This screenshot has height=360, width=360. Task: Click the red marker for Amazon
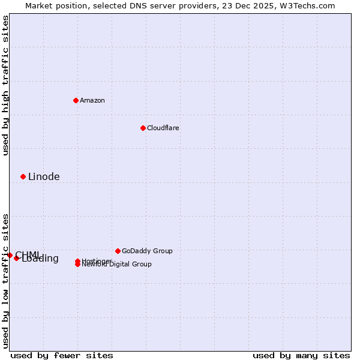(x=76, y=100)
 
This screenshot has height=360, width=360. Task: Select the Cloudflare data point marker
(x=143, y=128)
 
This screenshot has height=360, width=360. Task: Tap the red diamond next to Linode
(x=23, y=176)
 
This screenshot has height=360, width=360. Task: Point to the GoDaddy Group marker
(x=118, y=251)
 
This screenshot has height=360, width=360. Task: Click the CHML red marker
(x=10, y=255)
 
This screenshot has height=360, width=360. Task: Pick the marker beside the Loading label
(x=16, y=258)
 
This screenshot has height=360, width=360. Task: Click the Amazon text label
(x=92, y=100)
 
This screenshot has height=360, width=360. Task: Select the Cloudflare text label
(x=163, y=128)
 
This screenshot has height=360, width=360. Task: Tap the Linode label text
(x=44, y=176)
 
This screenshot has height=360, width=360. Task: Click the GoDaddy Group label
(x=147, y=251)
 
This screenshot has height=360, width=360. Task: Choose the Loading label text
(x=40, y=259)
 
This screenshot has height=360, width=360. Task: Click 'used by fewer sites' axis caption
(x=62, y=355)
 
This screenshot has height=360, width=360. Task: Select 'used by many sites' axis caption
(x=301, y=355)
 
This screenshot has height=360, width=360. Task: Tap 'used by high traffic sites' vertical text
(x=5, y=86)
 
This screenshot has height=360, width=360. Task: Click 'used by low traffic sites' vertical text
(x=5, y=281)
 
